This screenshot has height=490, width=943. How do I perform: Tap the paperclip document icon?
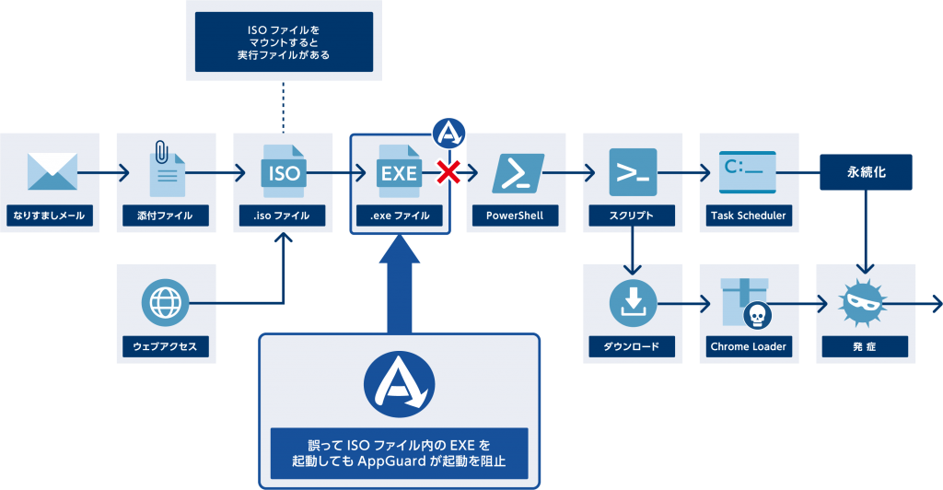coord(167,169)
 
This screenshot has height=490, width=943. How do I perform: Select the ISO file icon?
coord(282,171)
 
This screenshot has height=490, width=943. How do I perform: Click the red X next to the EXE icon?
coord(448,171)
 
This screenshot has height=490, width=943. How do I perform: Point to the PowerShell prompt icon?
coord(516,172)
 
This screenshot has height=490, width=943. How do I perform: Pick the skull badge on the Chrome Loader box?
coord(756,316)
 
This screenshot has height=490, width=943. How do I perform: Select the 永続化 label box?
coord(867,172)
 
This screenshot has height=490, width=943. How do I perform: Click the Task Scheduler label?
coord(749,216)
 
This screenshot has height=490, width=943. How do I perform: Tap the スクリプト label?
coord(632,216)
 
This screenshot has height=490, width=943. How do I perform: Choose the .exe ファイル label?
coord(400,216)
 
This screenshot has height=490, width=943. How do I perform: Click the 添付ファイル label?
coord(166,216)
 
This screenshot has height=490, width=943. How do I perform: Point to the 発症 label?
coord(866,347)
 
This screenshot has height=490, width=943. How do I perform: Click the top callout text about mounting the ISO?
coord(283,41)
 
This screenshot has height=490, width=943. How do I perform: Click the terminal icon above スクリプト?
coord(633,171)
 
